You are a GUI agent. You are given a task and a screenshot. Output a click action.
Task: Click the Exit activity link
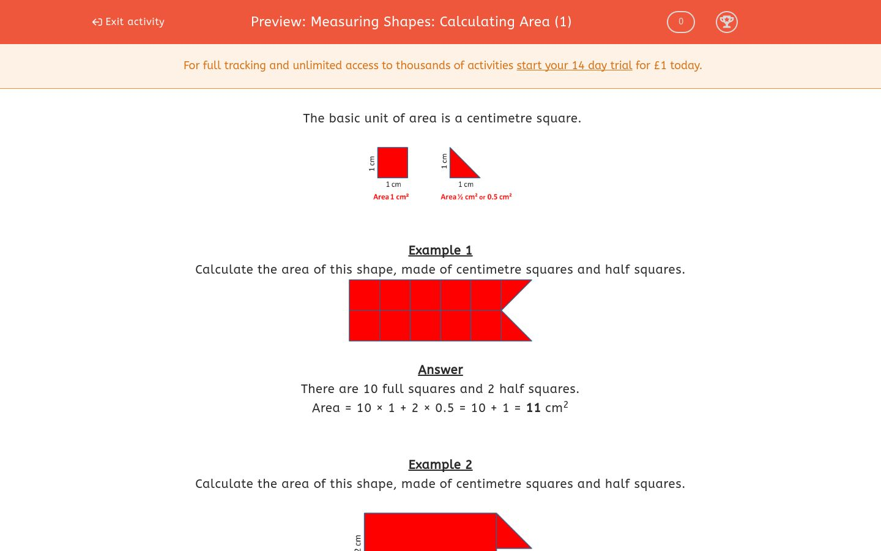(x=128, y=22)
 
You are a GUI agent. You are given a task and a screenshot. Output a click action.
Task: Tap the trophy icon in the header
(x=726, y=22)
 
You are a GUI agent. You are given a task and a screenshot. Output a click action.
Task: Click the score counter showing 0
(x=680, y=22)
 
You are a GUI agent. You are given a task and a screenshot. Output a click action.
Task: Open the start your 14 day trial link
(x=574, y=66)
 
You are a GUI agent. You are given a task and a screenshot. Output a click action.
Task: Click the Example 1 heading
(x=440, y=250)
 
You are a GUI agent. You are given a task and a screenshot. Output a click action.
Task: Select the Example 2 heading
(x=440, y=465)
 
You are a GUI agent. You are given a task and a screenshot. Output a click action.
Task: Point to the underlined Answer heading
(x=440, y=370)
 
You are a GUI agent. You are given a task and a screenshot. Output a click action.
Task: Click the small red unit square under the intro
(x=392, y=163)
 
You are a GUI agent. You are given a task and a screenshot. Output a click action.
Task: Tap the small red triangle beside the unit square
(x=459, y=168)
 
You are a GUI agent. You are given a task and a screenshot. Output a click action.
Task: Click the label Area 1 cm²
(x=391, y=197)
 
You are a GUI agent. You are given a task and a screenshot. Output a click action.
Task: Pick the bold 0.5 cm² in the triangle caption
(x=499, y=197)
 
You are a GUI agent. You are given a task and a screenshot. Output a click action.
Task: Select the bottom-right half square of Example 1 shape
(x=511, y=331)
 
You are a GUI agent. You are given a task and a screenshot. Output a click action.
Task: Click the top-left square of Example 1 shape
(x=365, y=295)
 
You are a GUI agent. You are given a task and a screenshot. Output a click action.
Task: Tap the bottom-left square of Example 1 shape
(x=365, y=326)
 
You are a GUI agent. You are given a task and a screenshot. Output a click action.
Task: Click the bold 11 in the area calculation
(x=533, y=408)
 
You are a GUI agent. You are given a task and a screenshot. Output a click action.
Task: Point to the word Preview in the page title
(x=278, y=22)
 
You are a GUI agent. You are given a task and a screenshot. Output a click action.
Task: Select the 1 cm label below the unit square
(x=393, y=184)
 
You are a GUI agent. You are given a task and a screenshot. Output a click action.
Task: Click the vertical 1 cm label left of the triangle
(x=444, y=161)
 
